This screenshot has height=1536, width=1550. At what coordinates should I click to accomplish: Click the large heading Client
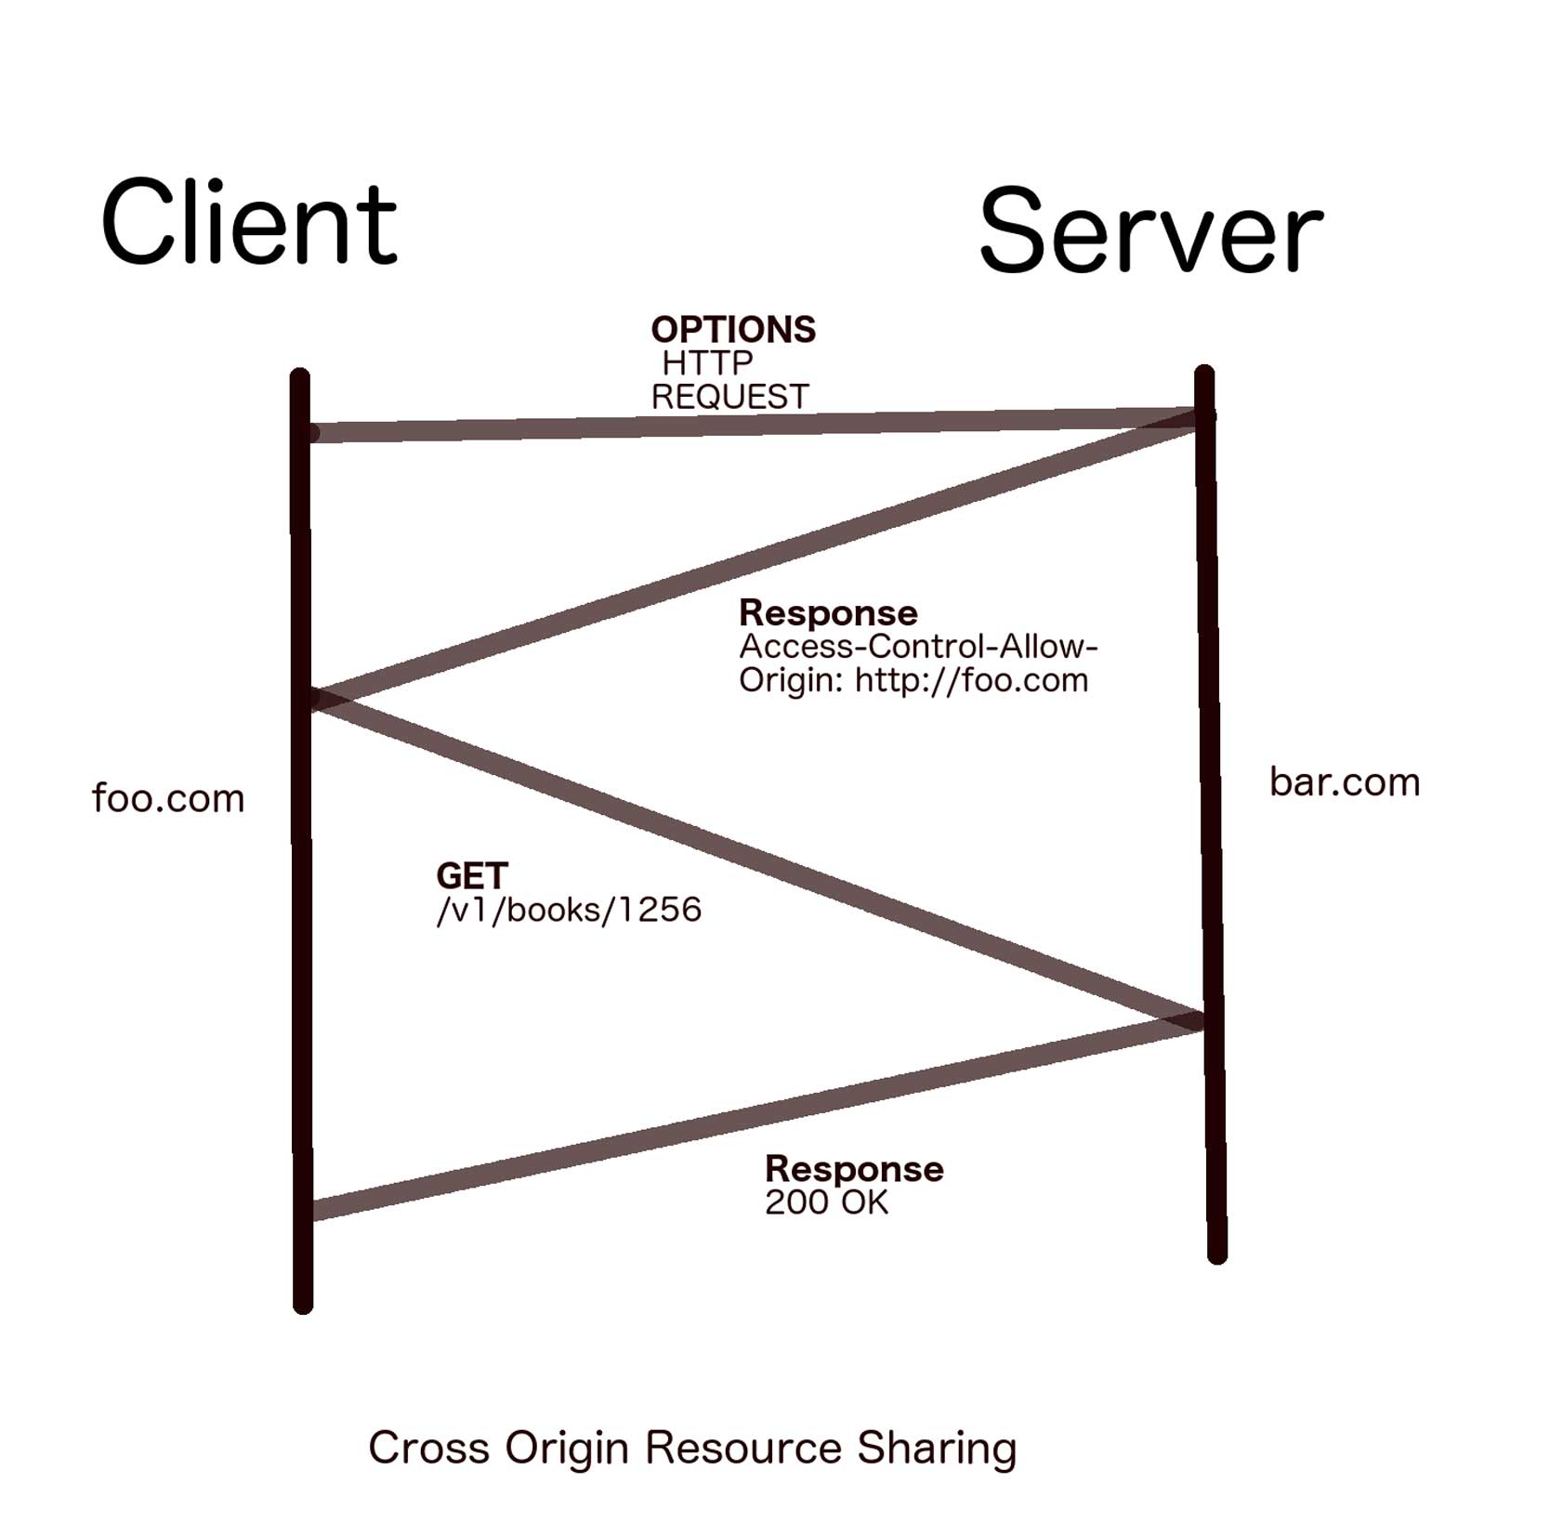pyautogui.click(x=248, y=223)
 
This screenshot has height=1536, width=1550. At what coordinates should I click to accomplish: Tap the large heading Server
pyautogui.click(x=1149, y=230)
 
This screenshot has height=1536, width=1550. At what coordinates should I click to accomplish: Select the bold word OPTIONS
pyautogui.click(x=733, y=330)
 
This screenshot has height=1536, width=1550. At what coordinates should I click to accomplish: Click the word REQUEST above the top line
pyautogui.click(x=729, y=397)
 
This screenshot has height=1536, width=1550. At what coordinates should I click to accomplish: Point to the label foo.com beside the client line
pyautogui.click(x=168, y=798)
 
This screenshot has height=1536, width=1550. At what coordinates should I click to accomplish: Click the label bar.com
pyautogui.click(x=1344, y=782)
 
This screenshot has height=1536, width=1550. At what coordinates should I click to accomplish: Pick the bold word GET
pyautogui.click(x=472, y=875)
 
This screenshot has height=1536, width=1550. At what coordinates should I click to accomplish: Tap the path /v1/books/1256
pyautogui.click(x=569, y=910)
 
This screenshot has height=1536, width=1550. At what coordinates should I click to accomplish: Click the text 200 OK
pyautogui.click(x=826, y=1202)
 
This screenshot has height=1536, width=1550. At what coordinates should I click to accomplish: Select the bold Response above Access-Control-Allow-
pyautogui.click(x=828, y=613)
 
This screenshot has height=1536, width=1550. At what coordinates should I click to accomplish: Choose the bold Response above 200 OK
pyautogui.click(x=854, y=1169)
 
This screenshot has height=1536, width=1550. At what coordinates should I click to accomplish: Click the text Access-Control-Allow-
pyautogui.click(x=918, y=647)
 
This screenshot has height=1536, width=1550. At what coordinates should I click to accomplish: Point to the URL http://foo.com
pyautogui.click(x=971, y=680)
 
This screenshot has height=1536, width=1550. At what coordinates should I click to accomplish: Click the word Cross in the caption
pyautogui.click(x=428, y=1448)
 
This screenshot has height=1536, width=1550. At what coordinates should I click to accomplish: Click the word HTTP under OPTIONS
pyautogui.click(x=706, y=362)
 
